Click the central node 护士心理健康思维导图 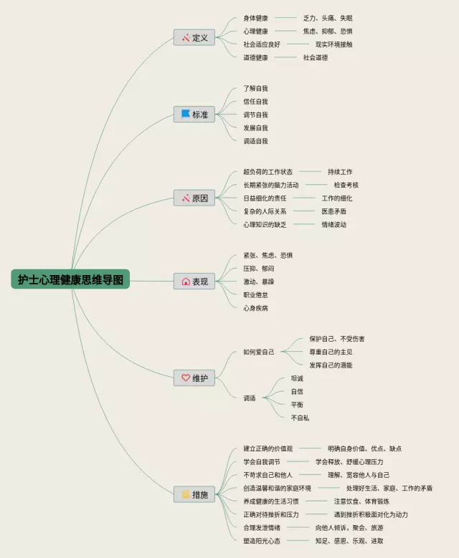[70, 279]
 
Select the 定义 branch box [194, 37]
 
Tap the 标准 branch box [194, 114]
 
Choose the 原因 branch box [194, 198]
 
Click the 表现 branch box [194, 282]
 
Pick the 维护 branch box [194, 377]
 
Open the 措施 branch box [194, 494]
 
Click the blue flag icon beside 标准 [186, 114]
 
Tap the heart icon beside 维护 [186, 377]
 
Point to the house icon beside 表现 [186, 282]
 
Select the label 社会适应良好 [262, 44]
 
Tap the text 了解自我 [255, 88]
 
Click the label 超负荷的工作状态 [268, 172]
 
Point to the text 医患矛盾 [333, 211]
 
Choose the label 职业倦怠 [255, 294]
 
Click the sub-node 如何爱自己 [258, 352]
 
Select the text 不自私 [300, 418]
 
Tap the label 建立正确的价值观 [268, 448]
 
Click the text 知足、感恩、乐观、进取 [349, 541]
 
